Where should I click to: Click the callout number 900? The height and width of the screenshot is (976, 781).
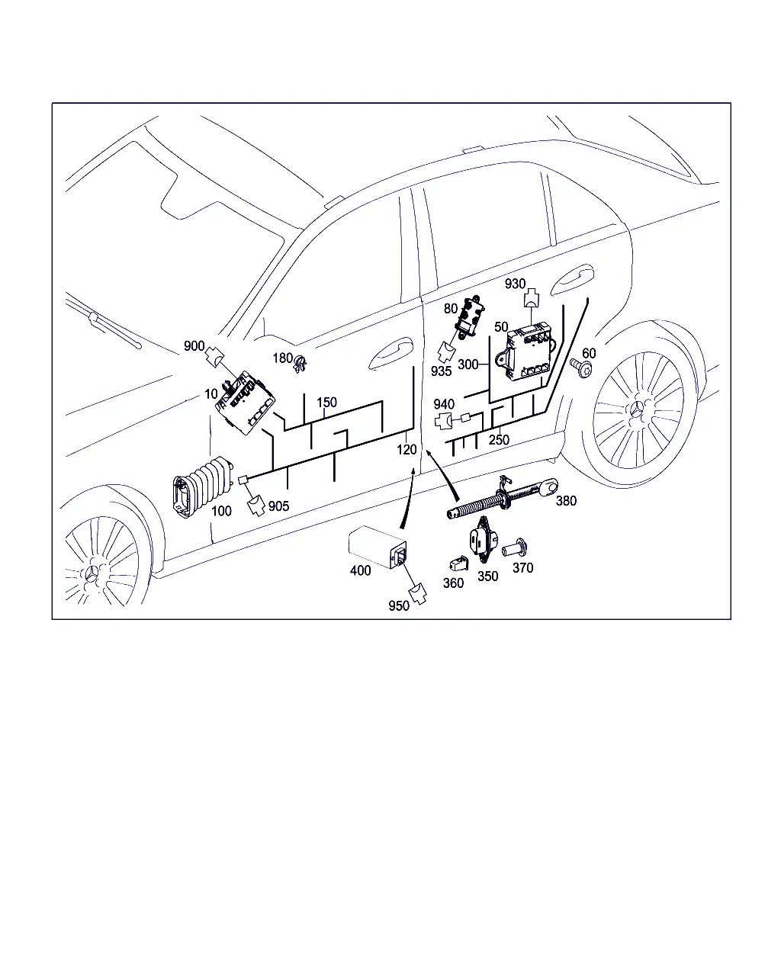pos(194,346)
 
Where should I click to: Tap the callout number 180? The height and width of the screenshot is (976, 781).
pos(282,358)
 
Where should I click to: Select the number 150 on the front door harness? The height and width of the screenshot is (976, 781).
pos(326,403)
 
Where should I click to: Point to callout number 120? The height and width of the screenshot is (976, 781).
pos(407,449)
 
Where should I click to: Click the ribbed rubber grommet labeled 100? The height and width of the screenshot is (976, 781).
pos(202,487)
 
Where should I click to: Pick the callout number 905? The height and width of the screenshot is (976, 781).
pos(278,506)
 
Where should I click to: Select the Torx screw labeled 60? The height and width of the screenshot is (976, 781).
pos(581,368)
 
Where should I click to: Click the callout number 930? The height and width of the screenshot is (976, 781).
pos(515,284)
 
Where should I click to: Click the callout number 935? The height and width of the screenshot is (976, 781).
pos(441,371)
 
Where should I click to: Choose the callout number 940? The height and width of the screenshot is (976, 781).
pos(444,404)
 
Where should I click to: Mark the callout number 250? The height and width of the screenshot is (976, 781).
pos(499,439)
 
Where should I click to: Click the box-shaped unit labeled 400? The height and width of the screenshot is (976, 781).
pos(378,547)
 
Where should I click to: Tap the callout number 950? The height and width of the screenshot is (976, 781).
pos(398,606)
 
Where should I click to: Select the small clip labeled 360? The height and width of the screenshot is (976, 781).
pos(458,563)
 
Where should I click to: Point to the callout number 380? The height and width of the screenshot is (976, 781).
pos(566,501)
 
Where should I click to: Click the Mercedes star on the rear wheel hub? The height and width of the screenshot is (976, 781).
pos(637,409)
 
